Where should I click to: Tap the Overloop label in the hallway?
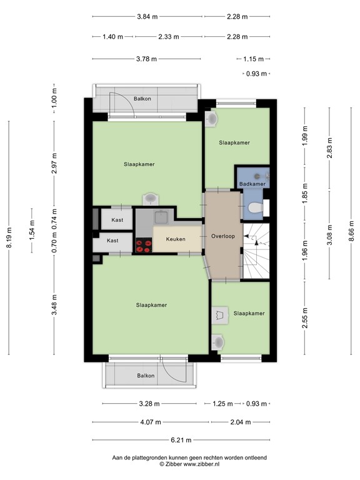(222, 237)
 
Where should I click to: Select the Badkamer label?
(252, 184)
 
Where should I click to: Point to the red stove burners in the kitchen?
(144, 246)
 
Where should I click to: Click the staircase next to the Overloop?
(256, 250)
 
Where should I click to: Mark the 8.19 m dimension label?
(9, 237)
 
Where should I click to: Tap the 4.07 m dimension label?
(150, 422)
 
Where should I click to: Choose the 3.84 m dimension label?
(147, 17)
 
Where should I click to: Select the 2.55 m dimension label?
(305, 314)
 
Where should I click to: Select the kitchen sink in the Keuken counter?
(161, 217)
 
